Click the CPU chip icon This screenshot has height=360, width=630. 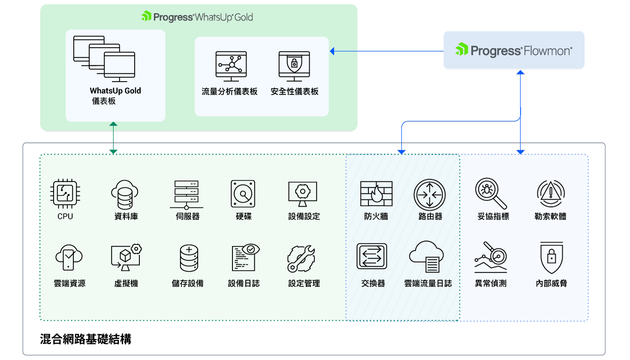pyautogui.click(x=65, y=194)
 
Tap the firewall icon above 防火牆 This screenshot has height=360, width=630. pyautogui.click(x=376, y=194)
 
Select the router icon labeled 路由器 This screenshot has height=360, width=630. pyautogui.click(x=430, y=194)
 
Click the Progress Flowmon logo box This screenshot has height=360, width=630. pyautogui.click(x=514, y=50)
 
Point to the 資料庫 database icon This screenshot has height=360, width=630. pyautogui.click(x=125, y=194)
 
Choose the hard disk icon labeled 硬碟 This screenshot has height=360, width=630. pyautogui.click(x=243, y=194)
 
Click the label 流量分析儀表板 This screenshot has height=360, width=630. pyautogui.click(x=229, y=91)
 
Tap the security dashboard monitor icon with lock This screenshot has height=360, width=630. pyautogui.click(x=294, y=66)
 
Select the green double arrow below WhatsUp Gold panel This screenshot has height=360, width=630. pyautogui.click(x=113, y=137)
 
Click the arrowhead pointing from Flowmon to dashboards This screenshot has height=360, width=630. pyautogui.click(x=332, y=51)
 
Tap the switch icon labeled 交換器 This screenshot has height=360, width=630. pyautogui.click(x=372, y=256)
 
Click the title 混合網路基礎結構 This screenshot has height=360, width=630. pyautogui.click(x=85, y=339)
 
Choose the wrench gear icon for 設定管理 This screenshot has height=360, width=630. pyautogui.click(x=301, y=259)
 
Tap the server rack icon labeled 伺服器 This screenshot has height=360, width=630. pyautogui.click(x=187, y=194)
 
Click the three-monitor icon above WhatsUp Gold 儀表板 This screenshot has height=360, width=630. pyautogui.click(x=104, y=58)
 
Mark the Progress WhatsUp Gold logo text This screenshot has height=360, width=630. pyautogui.click(x=197, y=17)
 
